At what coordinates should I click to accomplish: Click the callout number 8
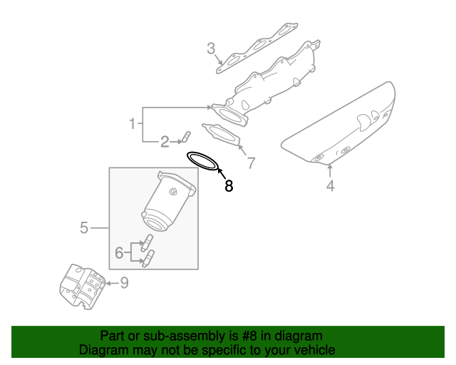point(228,187)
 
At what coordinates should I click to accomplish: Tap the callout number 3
point(211,48)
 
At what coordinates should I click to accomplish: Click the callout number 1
point(132,125)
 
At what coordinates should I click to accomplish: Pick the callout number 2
point(165,142)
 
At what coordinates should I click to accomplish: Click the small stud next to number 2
point(185,136)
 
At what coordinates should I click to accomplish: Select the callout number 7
point(250,163)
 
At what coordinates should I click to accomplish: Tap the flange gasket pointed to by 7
point(222,135)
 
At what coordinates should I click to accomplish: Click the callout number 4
point(330,187)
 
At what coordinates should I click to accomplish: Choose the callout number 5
point(84,228)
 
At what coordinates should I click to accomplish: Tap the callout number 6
point(120,252)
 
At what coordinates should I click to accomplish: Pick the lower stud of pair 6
point(149,258)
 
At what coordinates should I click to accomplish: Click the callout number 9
point(124,283)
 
